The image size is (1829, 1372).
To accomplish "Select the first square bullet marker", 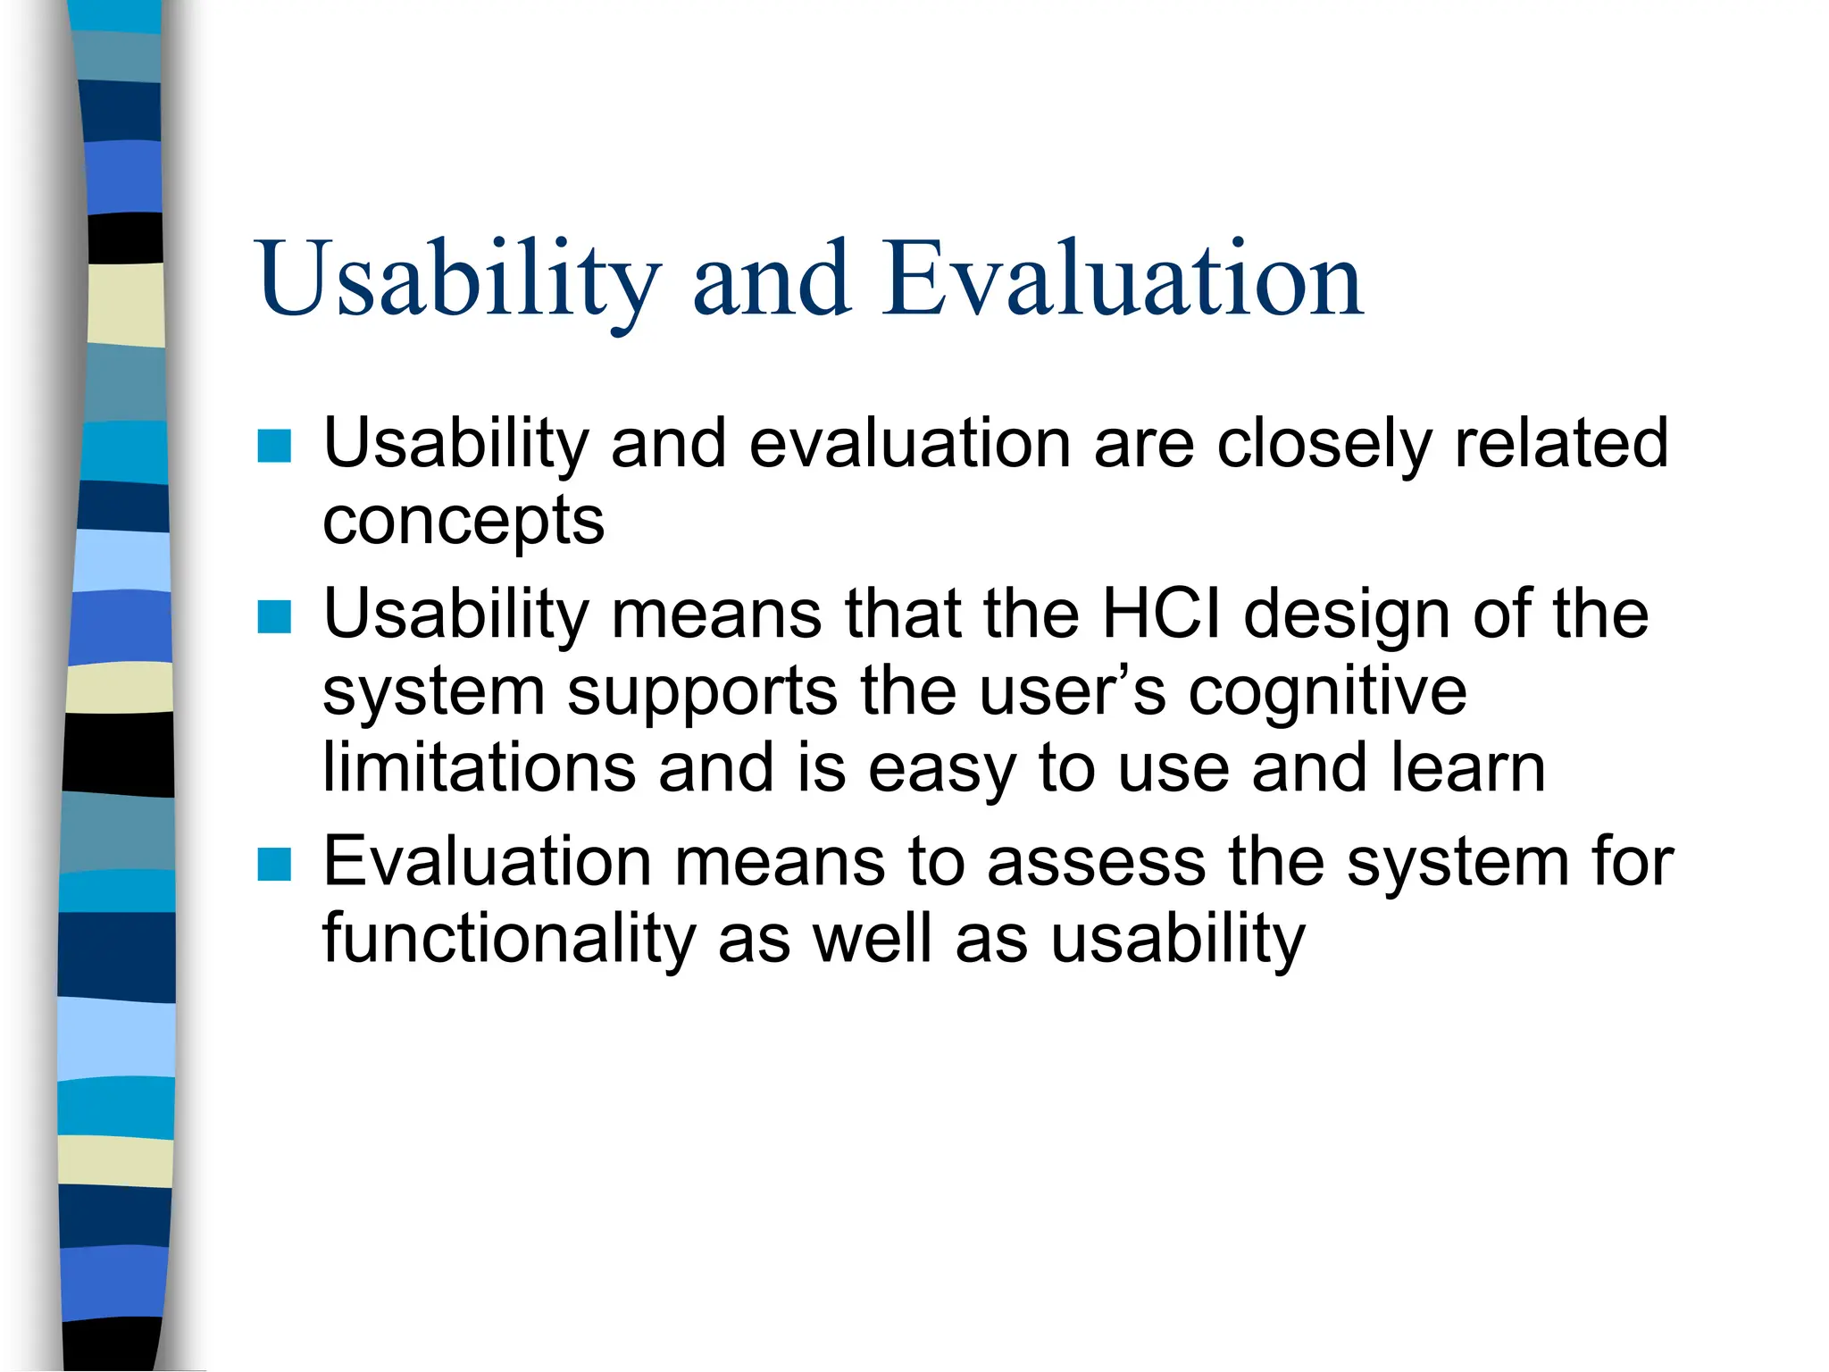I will pyautogui.click(x=274, y=446).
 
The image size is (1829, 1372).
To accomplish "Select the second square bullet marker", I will pyautogui.click(x=274, y=616).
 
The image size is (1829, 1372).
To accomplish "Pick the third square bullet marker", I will pyautogui.click(x=274, y=864).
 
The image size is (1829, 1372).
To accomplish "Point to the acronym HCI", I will pyautogui.click(x=1161, y=615).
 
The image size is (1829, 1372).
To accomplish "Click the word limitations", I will pyautogui.click(x=479, y=768).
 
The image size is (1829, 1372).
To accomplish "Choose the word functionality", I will pyautogui.click(x=507, y=940).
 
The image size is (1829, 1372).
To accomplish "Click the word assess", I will pyautogui.click(x=1096, y=863).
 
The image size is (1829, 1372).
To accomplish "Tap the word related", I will pyautogui.click(x=1560, y=444).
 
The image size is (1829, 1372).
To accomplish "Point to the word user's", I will pyautogui.click(x=1072, y=692).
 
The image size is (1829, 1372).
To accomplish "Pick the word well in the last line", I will pyautogui.click(x=872, y=940).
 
